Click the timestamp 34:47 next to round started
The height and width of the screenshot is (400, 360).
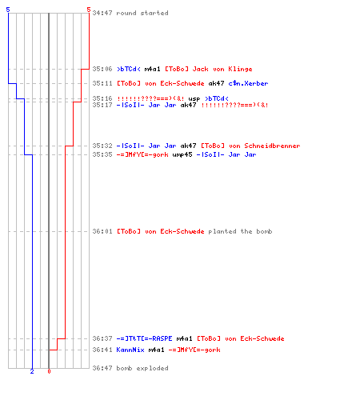[102, 13]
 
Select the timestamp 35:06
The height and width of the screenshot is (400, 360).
[102, 69]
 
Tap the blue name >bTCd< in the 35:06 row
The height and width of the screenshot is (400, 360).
[129, 69]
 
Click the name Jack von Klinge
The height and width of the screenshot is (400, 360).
[222, 69]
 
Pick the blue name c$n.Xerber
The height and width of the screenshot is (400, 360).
[248, 83]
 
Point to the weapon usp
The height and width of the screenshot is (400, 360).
[194, 99]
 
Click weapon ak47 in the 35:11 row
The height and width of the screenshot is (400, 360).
[216, 83]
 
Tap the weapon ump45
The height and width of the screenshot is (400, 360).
[182, 154]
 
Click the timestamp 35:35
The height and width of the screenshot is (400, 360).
[102, 154]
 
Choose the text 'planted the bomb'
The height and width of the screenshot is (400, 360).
[240, 231]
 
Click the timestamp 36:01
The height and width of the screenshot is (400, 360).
[102, 231]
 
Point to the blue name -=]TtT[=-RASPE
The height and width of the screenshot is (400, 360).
[144, 338]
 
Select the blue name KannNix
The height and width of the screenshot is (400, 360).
[130, 350]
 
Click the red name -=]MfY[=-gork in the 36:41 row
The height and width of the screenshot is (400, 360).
[194, 350]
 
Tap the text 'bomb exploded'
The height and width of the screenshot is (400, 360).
[142, 368]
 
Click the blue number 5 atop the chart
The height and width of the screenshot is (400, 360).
[8, 10]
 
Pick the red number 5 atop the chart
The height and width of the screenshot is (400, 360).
[89, 10]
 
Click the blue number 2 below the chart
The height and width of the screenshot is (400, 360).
[32, 371]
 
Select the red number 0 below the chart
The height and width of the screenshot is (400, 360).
[49, 371]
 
